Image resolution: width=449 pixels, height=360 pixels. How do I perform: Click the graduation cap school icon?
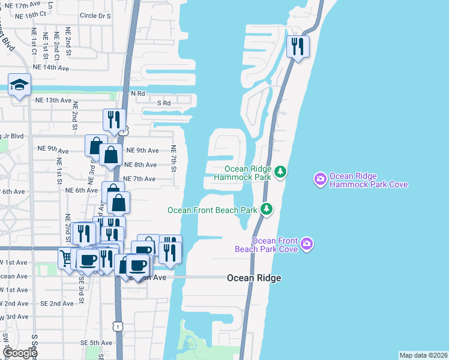19,86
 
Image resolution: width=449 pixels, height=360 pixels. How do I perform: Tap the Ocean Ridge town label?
254,278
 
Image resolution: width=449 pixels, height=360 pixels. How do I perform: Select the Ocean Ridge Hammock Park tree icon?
280,173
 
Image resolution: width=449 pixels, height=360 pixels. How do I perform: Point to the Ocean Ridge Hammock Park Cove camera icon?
320,178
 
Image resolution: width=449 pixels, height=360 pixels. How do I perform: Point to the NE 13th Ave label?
54,100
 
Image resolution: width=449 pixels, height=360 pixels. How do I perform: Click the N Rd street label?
138,94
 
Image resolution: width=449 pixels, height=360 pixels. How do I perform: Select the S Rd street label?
164,103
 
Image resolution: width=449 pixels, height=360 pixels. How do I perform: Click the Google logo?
20,353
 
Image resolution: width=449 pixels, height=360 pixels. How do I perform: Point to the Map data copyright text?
424,355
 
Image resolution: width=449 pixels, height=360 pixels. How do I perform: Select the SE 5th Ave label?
96,343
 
